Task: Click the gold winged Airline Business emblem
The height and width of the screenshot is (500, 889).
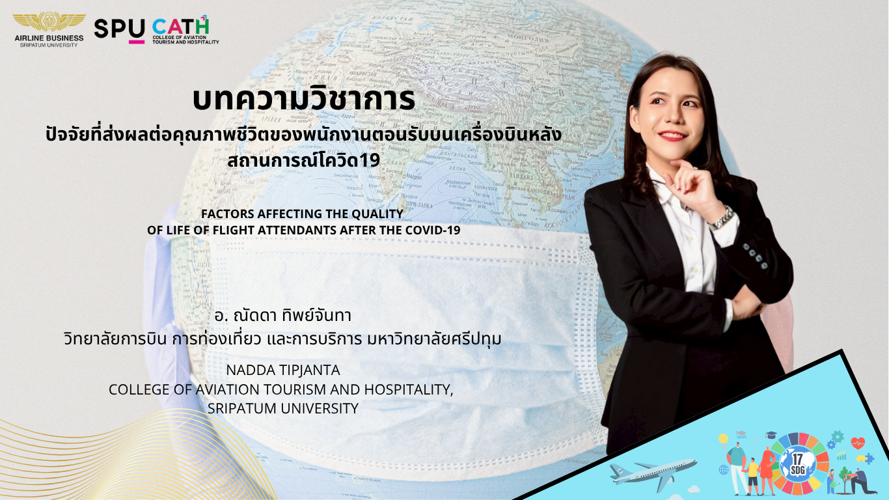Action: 49,22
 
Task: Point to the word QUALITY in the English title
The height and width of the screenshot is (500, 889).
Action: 378,214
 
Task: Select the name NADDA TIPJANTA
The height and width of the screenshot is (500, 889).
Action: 283,370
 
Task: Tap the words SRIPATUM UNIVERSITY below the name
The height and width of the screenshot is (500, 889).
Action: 283,408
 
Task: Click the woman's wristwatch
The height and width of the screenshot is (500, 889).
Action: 722,217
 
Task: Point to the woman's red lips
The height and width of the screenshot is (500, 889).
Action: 672,135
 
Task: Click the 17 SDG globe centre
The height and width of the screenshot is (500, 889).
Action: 798,464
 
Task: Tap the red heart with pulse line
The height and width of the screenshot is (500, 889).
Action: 858,443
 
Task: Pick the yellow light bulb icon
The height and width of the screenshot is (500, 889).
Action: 723,440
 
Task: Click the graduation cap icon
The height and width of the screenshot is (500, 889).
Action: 771,436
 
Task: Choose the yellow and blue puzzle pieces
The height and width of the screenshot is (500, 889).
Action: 866,458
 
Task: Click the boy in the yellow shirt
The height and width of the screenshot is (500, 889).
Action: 752,477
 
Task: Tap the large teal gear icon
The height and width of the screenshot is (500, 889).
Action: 838,437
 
